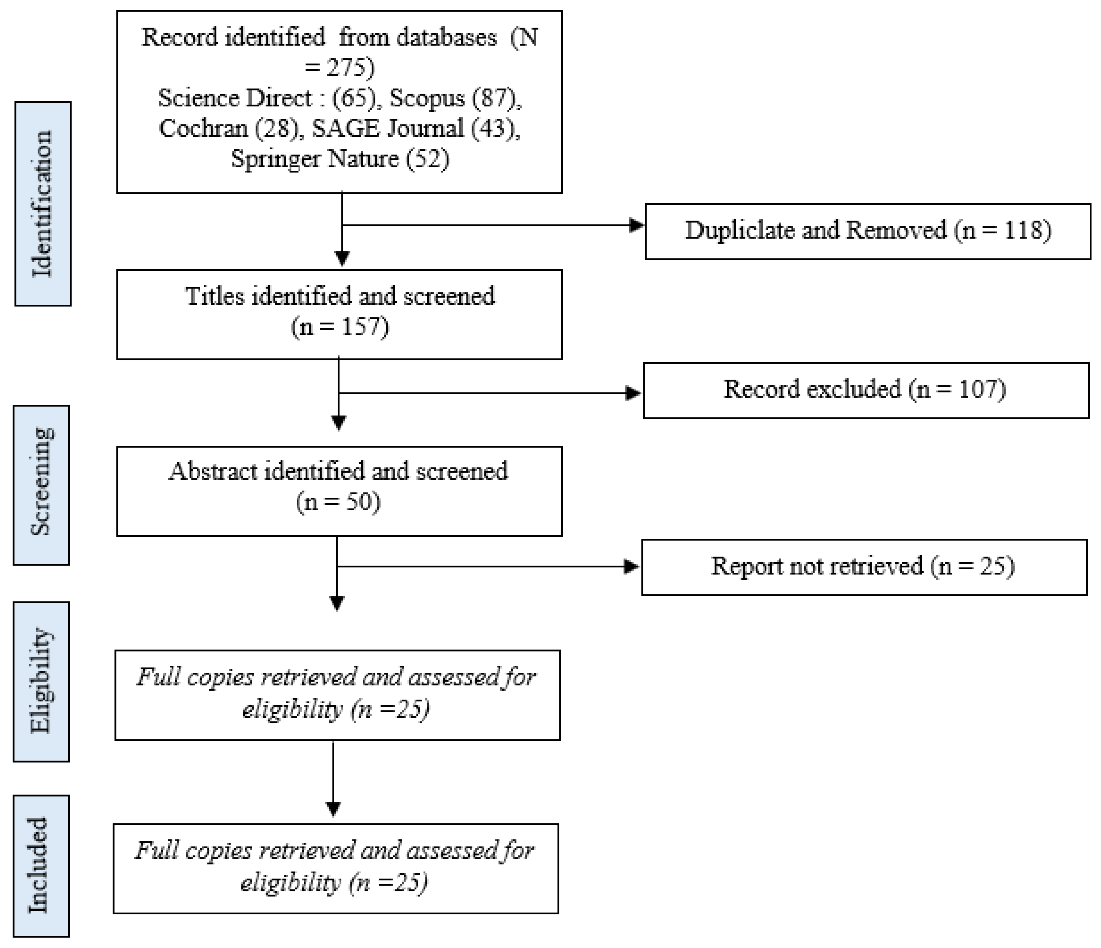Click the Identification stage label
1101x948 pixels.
click(43, 203)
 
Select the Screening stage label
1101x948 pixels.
click(41, 484)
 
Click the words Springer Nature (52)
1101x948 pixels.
click(340, 159)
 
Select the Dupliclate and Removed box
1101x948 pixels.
click(868, 231)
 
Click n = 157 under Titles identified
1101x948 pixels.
click(340, 326)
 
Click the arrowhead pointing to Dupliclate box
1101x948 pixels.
click(636, 225)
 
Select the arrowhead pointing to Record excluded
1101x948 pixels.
click(633, 393)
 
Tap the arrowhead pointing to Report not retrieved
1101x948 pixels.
click(631, 567)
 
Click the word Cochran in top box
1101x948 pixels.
click(203, 128)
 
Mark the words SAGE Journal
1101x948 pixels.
click(388, 128)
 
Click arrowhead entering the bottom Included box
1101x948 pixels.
click(333, 808)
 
